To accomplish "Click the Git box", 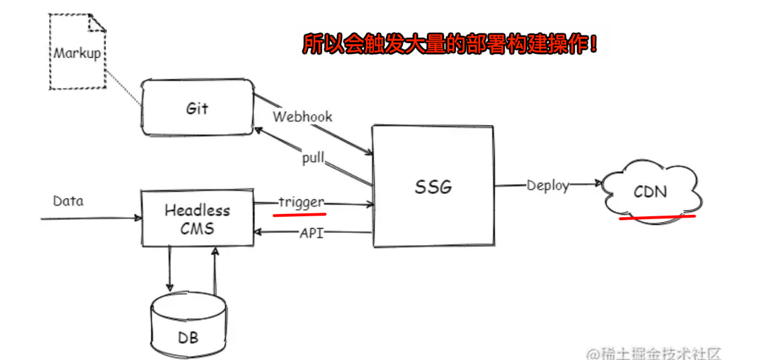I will (198, 108).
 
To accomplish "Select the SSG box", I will (433, 186).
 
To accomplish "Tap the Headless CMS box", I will (197, 218).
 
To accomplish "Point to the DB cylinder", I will (187, 327).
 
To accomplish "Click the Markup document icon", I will (77, 53).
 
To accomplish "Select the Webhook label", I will (302, 117).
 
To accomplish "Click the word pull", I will (313, 158).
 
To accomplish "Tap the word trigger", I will (301, 202).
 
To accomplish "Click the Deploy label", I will (547, 185).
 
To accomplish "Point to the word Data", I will (68, 201).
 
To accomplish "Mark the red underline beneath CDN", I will (658, 217).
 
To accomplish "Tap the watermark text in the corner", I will (654, 353).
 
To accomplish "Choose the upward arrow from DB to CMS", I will (214, 269).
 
